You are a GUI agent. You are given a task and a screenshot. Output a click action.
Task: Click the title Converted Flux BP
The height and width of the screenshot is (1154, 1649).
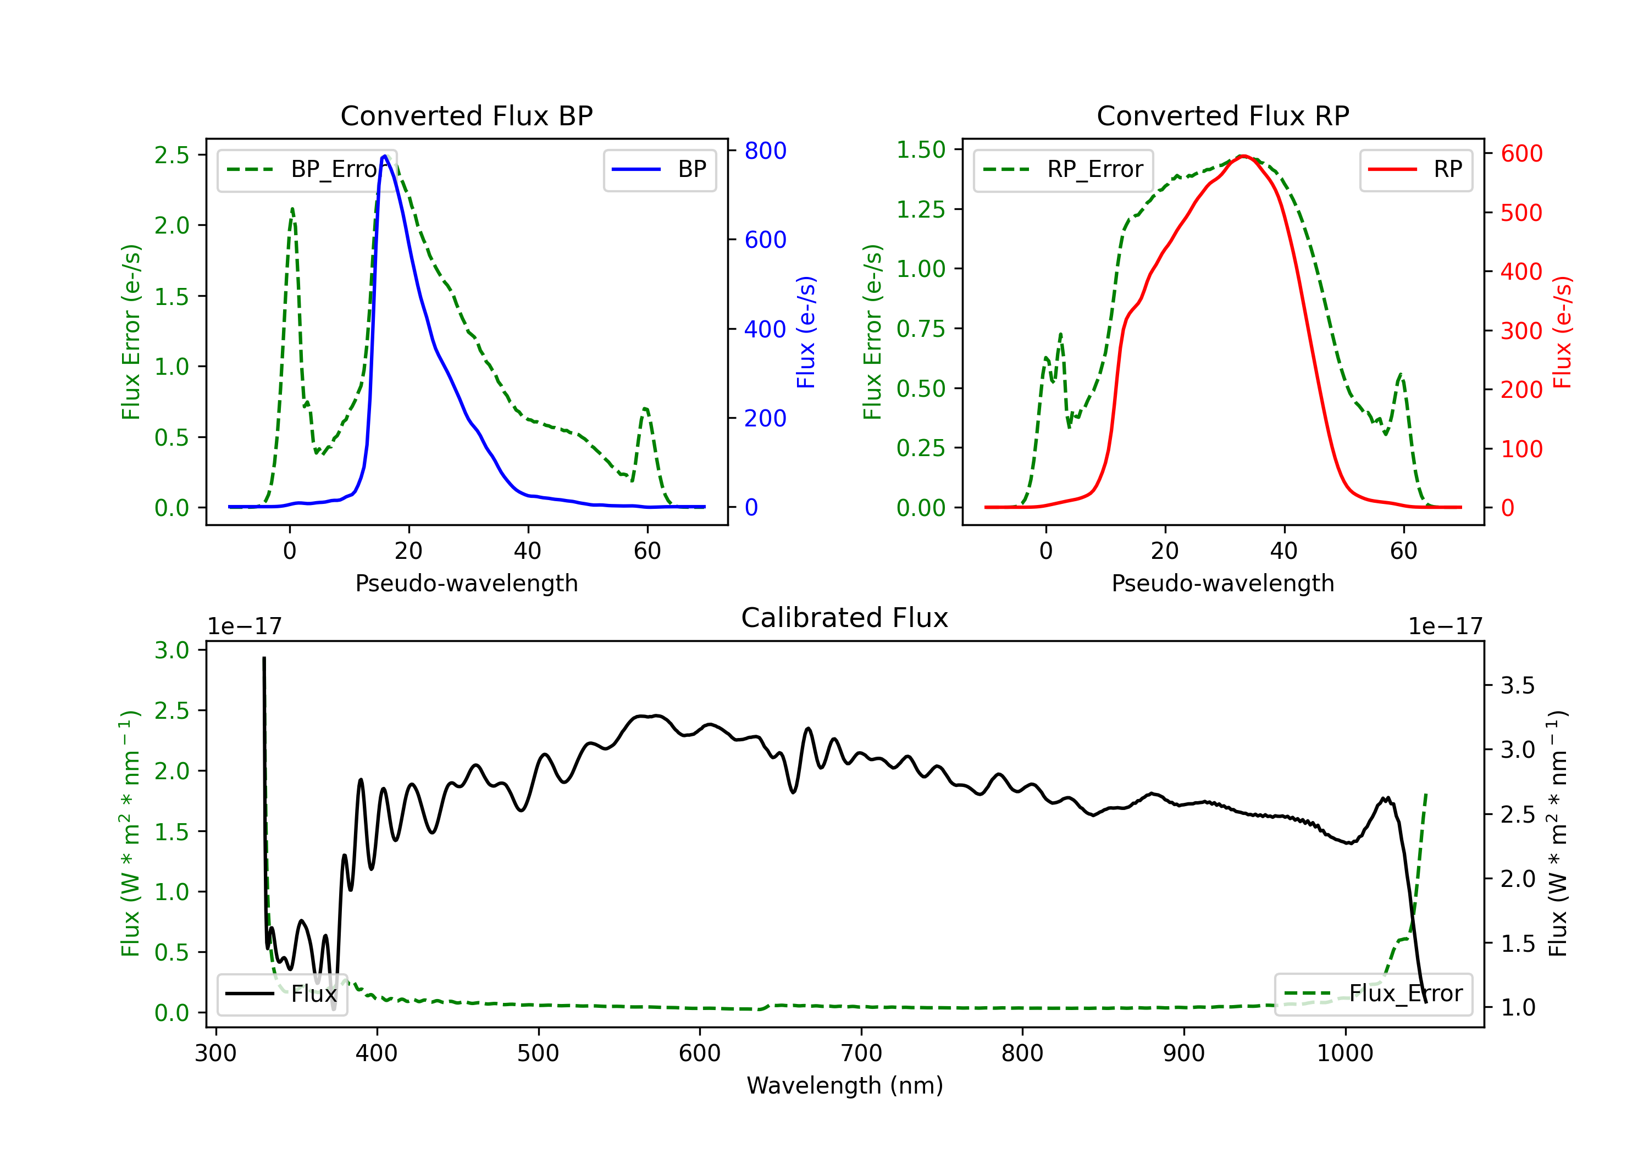click(466, 115)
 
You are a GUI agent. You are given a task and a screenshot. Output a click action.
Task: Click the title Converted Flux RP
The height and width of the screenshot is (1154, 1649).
click(1222, 115)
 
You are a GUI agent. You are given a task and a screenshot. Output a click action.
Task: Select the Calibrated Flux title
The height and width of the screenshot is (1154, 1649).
click(845, 618)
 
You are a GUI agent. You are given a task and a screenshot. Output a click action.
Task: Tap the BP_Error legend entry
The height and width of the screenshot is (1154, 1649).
click(307, 169)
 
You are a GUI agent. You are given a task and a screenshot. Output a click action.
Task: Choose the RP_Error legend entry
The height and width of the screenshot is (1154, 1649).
click(1063, 169)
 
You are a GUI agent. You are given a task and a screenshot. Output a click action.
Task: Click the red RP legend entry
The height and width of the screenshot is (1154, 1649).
click(1415, 169)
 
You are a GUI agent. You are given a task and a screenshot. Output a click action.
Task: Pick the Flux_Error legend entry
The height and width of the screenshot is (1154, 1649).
click(1373, 994)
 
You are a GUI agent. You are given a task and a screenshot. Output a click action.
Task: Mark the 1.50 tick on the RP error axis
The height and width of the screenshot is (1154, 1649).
click(921, 149)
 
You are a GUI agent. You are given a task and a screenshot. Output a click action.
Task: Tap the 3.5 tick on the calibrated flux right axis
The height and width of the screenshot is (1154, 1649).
click(1518, 685)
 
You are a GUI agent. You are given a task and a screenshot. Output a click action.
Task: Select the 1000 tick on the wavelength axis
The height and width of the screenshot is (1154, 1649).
click(1344, 1053)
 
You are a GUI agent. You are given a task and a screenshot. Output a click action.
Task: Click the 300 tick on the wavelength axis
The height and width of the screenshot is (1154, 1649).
click(215, 1053)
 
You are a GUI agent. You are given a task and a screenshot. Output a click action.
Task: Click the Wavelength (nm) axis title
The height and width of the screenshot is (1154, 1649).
click(845, 1085)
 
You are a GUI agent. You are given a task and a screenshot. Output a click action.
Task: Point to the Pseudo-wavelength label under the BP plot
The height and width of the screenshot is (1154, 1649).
click(466, 583)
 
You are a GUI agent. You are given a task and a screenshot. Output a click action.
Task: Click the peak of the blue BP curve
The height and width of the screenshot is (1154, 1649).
click(385, 156)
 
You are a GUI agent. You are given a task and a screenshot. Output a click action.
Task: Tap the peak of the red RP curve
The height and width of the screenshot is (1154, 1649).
click(1243, 156)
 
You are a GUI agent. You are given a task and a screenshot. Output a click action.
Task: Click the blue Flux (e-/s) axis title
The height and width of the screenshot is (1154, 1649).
click(806, 332)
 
